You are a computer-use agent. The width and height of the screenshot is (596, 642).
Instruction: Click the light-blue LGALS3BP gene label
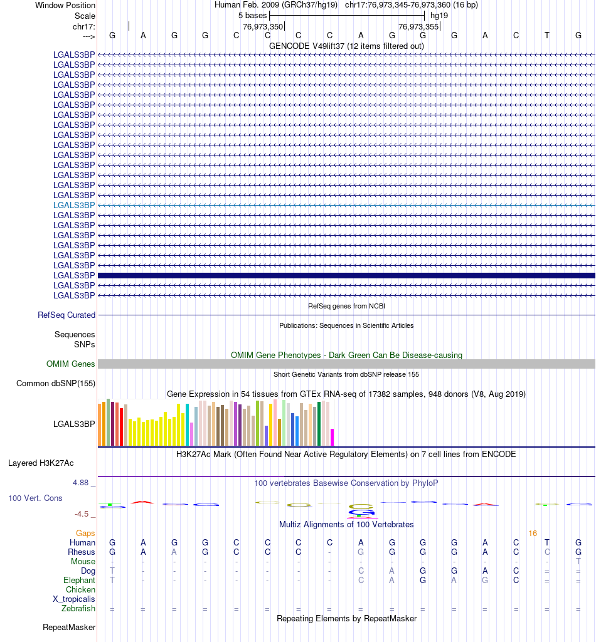click(x=74, y=205)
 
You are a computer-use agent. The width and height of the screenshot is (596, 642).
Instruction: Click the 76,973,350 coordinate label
click(x=263, y=26)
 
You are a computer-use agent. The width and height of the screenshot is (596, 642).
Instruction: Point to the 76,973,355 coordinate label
click(x=418, y=26)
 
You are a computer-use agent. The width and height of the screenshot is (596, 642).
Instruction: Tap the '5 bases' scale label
click(x=252, y=15)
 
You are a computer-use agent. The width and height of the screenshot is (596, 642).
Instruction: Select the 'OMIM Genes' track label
click(x=71, y=364)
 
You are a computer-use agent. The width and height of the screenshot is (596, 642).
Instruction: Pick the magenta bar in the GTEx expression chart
click(x=333, y=437)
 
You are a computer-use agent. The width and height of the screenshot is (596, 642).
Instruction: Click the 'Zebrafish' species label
click(x=78, y=608)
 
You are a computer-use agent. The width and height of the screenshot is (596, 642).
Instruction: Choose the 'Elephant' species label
click(x=79, y=581)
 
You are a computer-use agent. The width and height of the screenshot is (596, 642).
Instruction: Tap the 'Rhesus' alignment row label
click(x=82, y=552)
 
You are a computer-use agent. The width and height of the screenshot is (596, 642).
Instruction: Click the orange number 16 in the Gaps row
click(x=533, y=533)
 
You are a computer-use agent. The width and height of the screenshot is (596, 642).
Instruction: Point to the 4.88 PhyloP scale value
click(x=82, y=483)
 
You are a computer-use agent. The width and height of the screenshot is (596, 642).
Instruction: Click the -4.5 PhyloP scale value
click(x=82, y=514)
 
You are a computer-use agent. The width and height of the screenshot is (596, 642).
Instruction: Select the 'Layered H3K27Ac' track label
click(x=41, y=463)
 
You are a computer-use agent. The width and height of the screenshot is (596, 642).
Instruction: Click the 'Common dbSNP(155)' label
click(x=56, y=383)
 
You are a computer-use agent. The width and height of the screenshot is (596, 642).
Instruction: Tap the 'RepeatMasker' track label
click(x=69, y=627)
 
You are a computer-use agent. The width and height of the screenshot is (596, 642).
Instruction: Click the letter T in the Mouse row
click(x=578, y=562)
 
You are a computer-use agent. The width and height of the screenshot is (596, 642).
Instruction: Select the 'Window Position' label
click(x=65, y=5)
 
